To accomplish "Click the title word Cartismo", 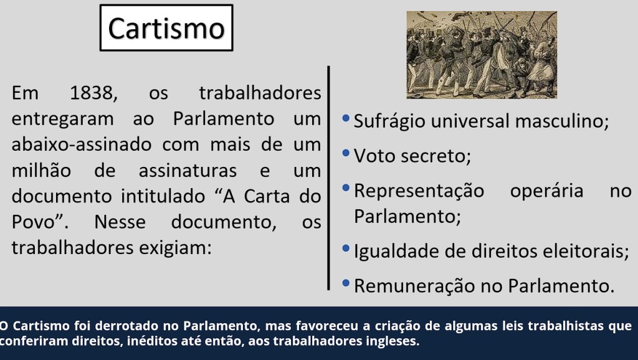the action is click(x=166, y=29).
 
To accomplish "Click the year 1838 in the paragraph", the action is click(x=93, y=93).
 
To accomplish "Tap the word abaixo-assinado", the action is click(x=82, y=144).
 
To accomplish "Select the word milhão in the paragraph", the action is click(x=41, y=171).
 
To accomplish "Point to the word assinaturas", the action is click(x=188, y=171).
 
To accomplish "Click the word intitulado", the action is click(x=163, y=196).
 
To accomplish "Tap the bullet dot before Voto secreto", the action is click(x=346, y=153).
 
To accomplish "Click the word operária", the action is click(x=546, y=191).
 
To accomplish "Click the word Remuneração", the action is click(x=414, y=286).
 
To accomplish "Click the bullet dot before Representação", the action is click(x=346, y=187).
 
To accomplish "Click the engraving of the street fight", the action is click(x=482, y=55).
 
